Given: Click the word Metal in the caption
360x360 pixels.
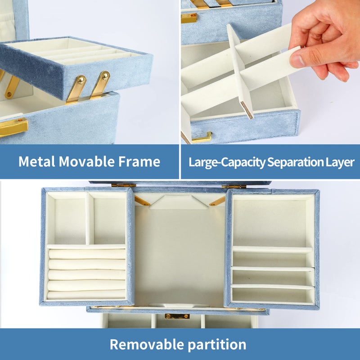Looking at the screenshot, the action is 37,162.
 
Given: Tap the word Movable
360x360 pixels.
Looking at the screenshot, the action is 86,162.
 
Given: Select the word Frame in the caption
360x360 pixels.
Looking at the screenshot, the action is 139,162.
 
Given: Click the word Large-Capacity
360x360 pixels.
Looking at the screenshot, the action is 227,162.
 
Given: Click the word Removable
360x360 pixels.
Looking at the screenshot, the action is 147,344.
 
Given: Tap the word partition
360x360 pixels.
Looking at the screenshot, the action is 217,345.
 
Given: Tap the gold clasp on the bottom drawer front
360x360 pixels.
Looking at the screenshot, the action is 177,316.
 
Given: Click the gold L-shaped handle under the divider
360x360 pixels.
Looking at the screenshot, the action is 202,138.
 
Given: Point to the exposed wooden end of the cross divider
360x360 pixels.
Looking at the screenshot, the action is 247,110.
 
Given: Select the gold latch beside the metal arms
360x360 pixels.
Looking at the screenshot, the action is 14,127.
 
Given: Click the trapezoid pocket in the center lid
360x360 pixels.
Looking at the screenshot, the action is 179,202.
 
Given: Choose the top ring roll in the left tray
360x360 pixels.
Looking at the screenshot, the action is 87,254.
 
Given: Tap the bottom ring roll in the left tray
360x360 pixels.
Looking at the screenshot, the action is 86,295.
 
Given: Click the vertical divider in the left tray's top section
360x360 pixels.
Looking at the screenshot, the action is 89,219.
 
